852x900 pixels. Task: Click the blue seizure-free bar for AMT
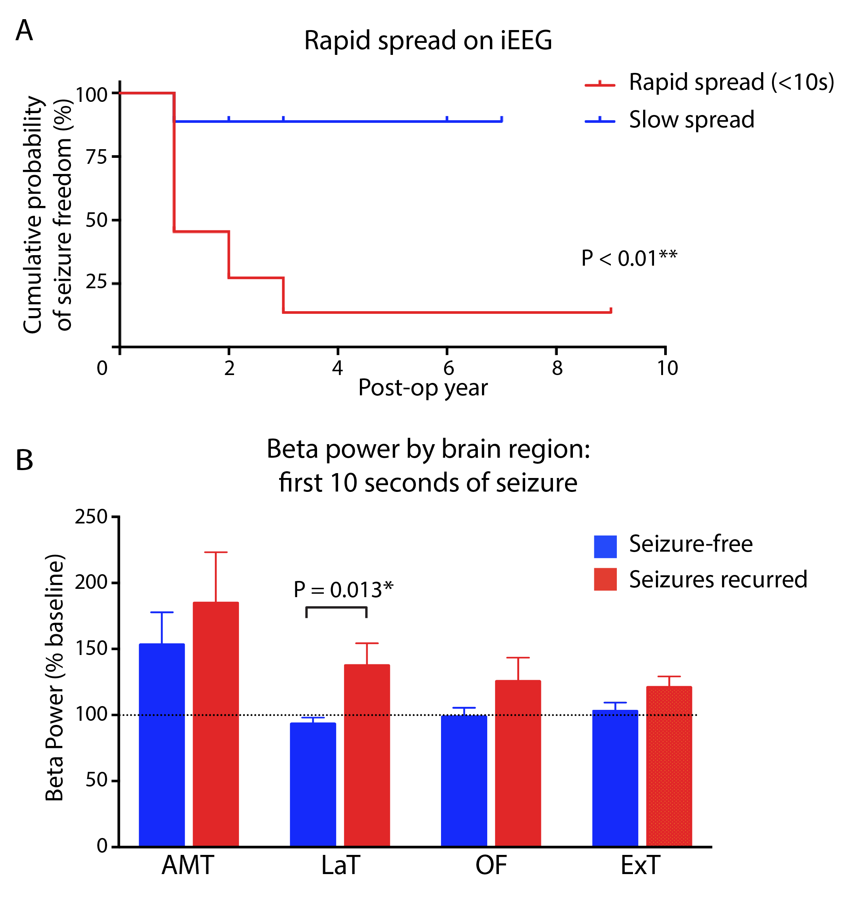(162, 745)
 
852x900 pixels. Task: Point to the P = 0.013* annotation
(343, 590)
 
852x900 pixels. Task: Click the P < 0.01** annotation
(629, 258)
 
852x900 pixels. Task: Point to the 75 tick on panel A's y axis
(96, 157)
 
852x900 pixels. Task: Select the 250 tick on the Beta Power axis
(91, 517)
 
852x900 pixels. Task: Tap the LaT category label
(340, 865)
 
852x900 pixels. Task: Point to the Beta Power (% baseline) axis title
(54, 677)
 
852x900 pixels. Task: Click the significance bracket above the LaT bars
(337, 608)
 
